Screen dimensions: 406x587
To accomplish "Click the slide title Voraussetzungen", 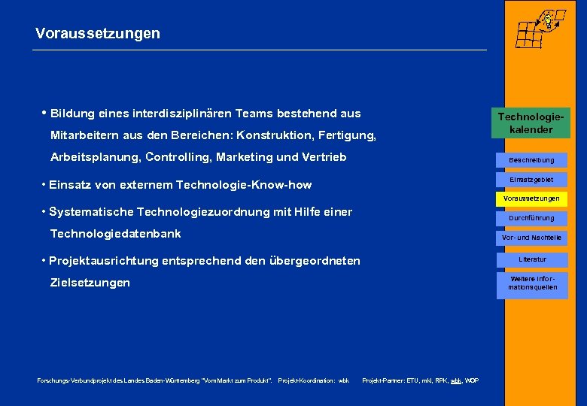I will pyautogui.click(x=97, y=34).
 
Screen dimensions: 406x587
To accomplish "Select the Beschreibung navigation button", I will pyautogui.click(x=531, y=160).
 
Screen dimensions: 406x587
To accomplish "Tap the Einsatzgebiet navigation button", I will pyautogui.click(x=531, y=180).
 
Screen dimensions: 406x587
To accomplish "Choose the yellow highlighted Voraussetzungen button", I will pyautogui.click(x=531, y=198).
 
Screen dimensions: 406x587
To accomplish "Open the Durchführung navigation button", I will pyautogui.click(x=531, y=218).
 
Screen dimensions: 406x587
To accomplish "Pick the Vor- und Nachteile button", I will pyautogui.click(x=531, y=238).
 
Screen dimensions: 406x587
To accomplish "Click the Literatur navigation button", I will pyautogui.click(x=532, y=259).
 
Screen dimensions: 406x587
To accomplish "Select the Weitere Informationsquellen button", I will pyautogui.click(x=532, y=283).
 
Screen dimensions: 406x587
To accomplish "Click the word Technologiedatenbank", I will pyautogui.click(x=115, y=234).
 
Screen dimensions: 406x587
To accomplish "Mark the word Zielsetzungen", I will pyautogui.click(x=90, y=283).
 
